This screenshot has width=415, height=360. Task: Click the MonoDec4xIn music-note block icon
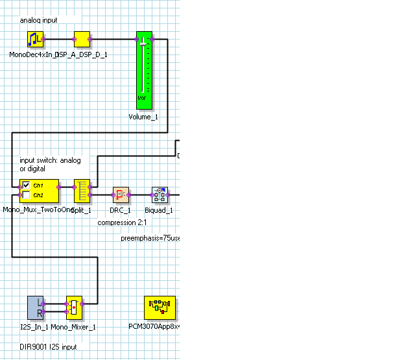[35, 40]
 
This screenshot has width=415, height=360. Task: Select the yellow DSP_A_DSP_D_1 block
[82, 40]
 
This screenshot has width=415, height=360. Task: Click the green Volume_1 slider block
[143, 70]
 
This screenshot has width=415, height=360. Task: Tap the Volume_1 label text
[143, 117]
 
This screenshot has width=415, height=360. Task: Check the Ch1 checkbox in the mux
[27, 185]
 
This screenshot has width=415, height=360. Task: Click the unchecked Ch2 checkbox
[27, 195]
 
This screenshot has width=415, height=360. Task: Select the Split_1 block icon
[81, 191]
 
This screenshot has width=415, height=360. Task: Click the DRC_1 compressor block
[121, 195]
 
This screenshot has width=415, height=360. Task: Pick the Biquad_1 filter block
[160, 195]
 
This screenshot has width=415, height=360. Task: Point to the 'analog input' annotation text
[38, 20]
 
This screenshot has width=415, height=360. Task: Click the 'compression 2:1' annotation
[123, 222]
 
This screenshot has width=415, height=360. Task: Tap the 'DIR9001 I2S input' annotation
[48, 347]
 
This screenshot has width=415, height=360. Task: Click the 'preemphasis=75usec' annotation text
[150, 238]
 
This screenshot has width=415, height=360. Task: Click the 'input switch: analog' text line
[51, 160]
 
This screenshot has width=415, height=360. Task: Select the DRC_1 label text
[120, 210]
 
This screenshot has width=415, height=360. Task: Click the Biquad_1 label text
[158, 210]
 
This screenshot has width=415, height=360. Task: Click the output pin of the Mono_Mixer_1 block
[84, 303]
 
